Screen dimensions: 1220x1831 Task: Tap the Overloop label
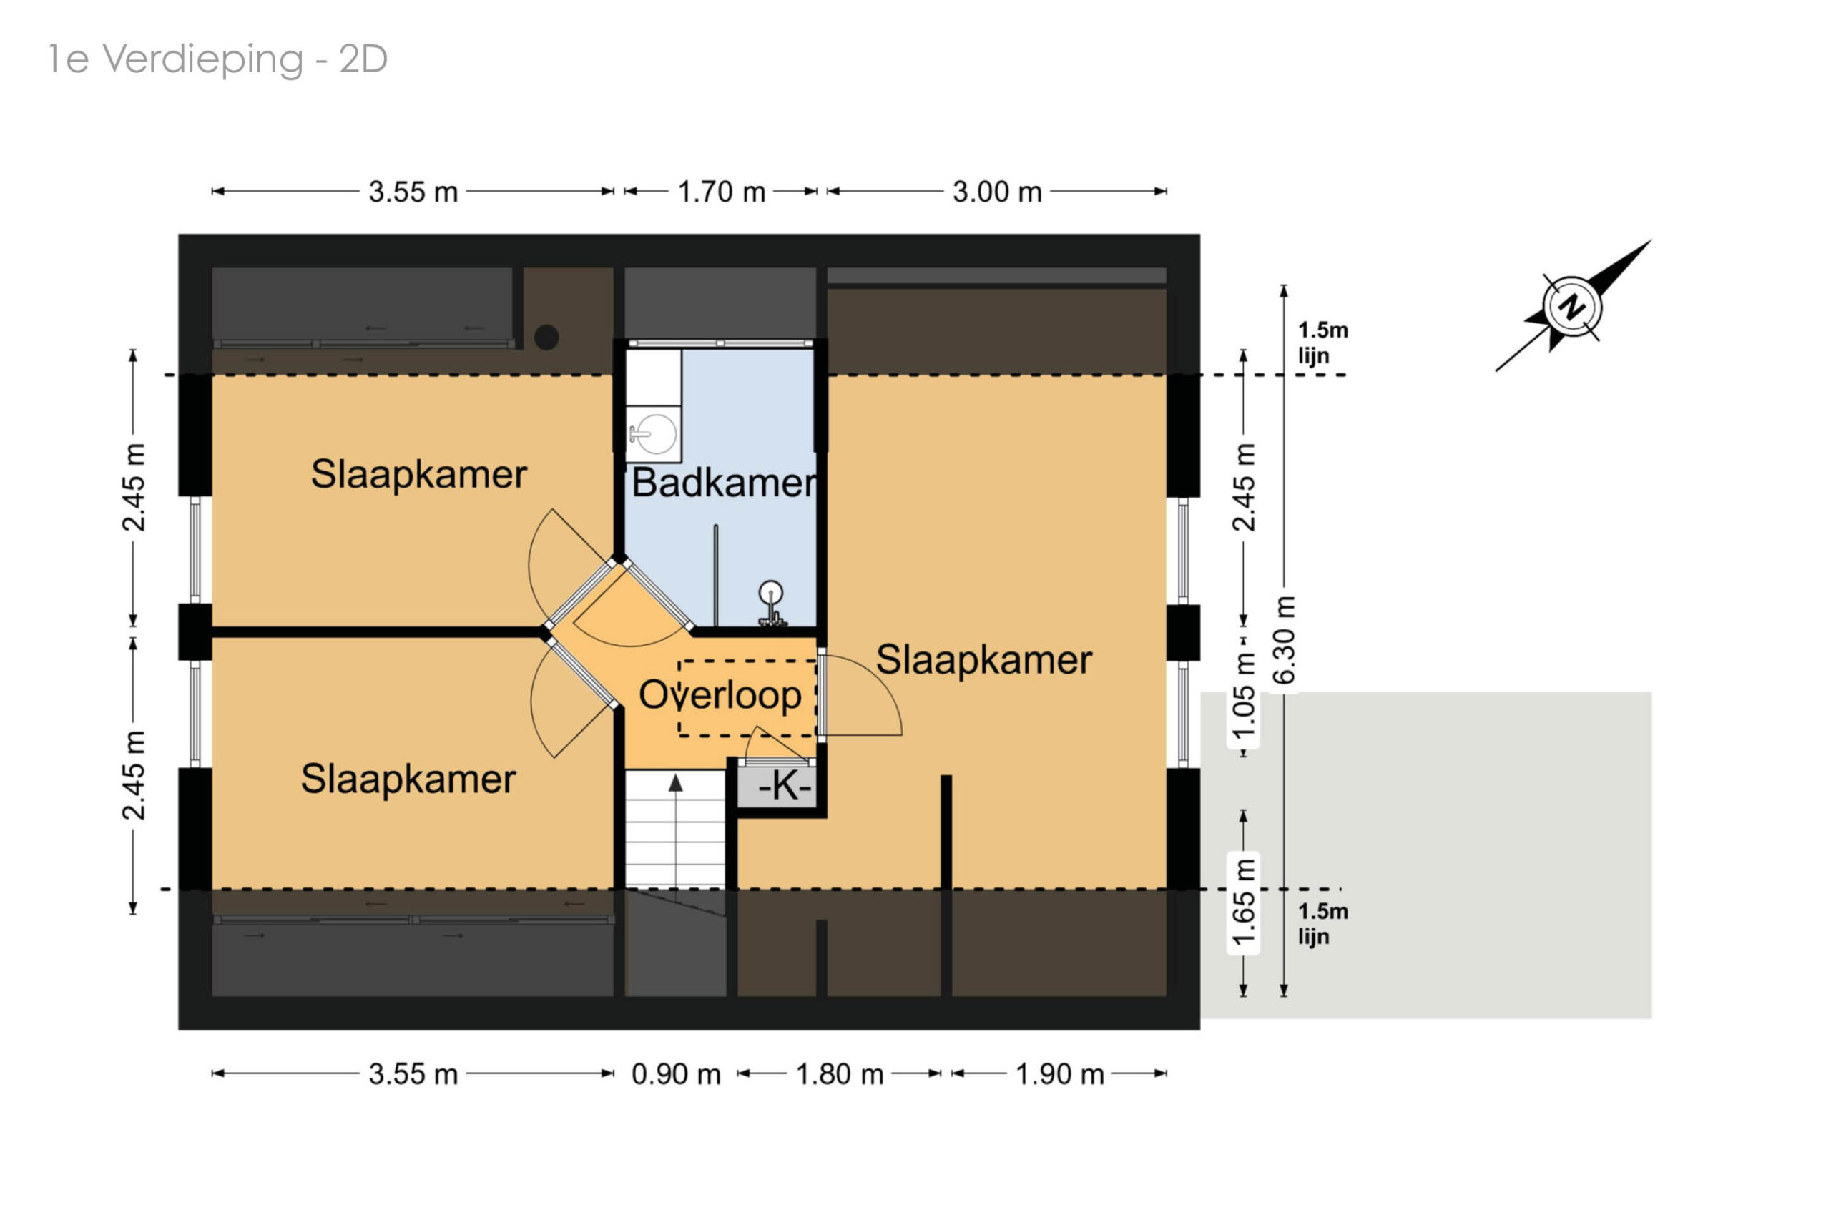coord(719,694)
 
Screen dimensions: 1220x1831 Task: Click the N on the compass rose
coord(1572,308)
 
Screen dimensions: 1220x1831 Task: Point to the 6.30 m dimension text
coord(1284,639)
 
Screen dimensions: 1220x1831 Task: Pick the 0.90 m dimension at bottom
coord(674,1073)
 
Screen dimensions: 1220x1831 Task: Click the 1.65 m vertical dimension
coord(1244,902)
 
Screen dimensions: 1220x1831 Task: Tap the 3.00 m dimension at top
coord(996,192)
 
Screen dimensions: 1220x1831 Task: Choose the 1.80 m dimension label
coord(839,1073)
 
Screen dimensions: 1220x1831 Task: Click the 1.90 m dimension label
coord(1059,1073)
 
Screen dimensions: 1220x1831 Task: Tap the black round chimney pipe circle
coord(546,337)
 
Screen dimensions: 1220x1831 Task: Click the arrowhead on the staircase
coord(675,783)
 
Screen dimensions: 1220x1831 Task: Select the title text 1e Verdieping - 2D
coord(218,59)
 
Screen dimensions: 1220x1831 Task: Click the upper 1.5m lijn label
coord(1321,343)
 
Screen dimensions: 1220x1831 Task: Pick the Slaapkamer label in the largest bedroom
coord(983,660)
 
